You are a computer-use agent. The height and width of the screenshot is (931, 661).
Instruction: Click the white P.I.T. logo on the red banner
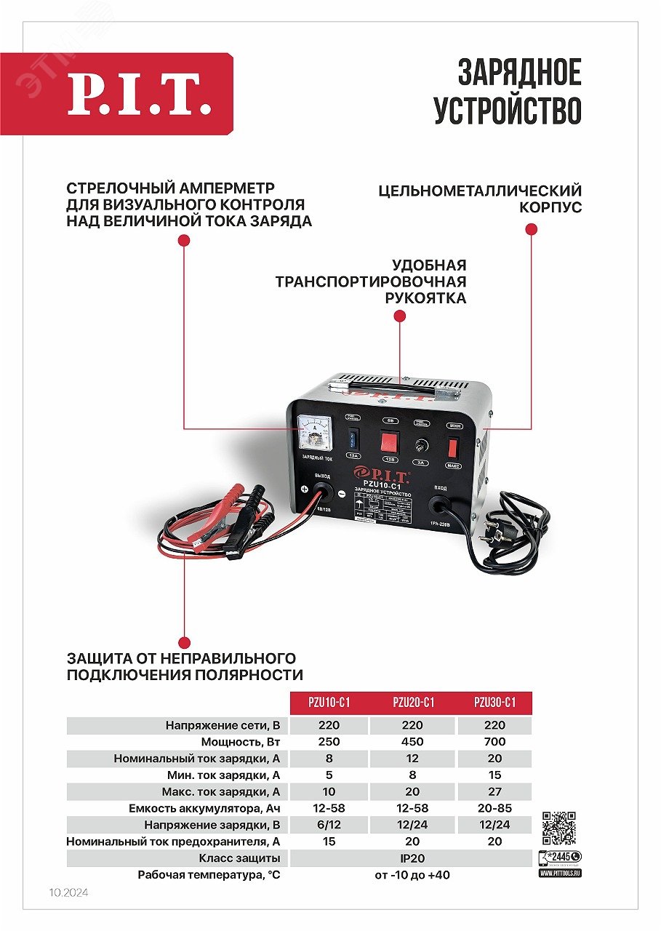pos(140,95)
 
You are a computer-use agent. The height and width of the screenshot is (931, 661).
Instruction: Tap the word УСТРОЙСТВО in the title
pos(508,111)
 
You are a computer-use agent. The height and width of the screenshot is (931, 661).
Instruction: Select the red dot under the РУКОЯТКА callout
pos(399,316)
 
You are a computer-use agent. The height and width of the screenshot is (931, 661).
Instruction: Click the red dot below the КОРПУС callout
pos(531,229)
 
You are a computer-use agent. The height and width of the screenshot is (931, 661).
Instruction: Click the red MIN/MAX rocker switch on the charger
pos(453,447)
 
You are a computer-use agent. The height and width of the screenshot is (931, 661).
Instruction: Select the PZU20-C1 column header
pos(413,703)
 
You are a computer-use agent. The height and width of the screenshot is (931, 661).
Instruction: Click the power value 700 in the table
pos(494,742)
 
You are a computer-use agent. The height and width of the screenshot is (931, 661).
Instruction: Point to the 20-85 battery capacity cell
pos(494,808)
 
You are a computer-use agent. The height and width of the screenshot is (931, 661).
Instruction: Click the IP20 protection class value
pos(412,858)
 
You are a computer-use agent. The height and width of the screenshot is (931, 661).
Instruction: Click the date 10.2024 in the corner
pos(68,892)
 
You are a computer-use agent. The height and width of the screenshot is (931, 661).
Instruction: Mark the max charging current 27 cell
pos(494,791)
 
